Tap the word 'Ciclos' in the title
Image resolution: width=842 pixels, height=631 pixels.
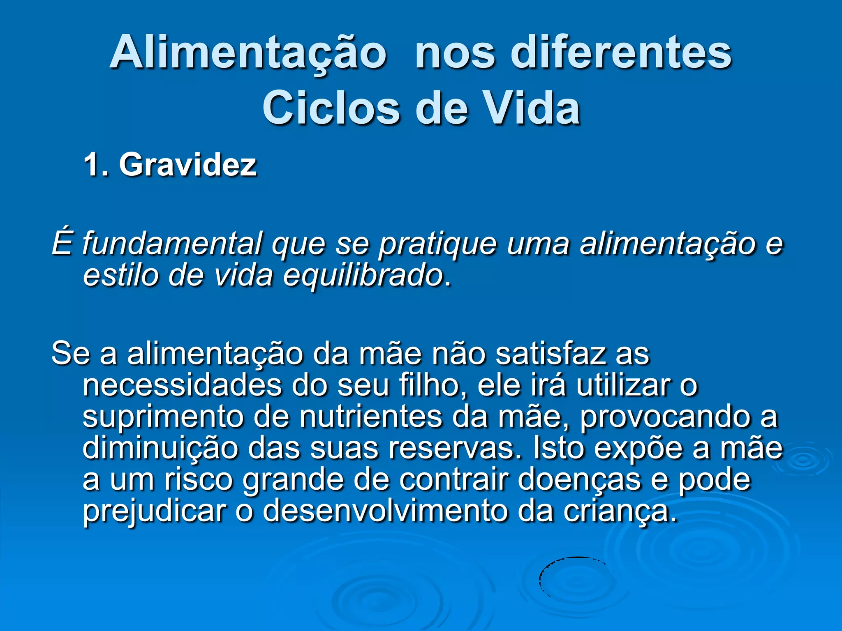[331, 108]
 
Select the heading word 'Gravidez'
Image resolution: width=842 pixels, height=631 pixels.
[188, 165]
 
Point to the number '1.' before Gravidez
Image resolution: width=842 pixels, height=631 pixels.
[96, 165]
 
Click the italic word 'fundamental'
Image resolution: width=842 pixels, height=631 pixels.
[172, 243]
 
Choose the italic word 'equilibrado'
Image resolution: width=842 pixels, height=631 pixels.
[363, 275]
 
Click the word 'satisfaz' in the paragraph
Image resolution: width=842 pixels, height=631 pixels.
[550, 353]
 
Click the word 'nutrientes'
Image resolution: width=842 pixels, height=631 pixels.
[371, 417]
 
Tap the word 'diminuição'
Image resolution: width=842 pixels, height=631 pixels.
[160, 449]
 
